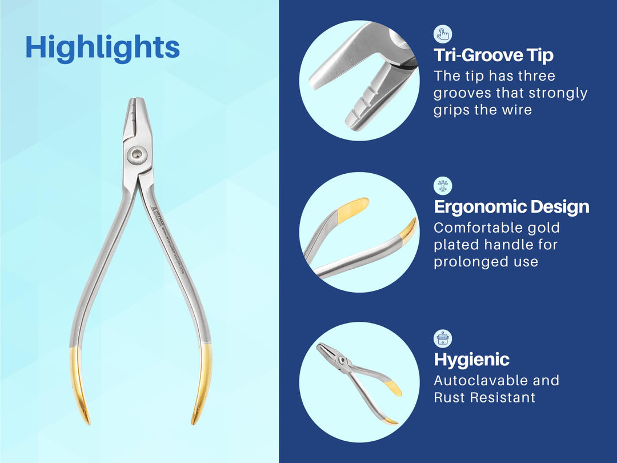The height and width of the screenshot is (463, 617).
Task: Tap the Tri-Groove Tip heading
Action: pos(494,55)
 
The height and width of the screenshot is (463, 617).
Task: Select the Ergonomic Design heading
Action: pos(511,206)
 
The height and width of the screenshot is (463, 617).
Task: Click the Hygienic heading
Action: pos(471,360)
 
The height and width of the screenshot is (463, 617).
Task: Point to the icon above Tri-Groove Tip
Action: pos(443,34)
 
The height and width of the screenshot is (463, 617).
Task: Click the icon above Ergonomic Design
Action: pos(443,186)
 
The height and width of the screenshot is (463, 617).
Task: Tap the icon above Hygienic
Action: pos(443,338)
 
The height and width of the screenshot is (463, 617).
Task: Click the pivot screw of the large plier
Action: pos(137,153)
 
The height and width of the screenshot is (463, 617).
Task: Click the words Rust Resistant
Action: pos(484,397)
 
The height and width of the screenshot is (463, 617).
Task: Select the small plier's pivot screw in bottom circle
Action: pos(342,360)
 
